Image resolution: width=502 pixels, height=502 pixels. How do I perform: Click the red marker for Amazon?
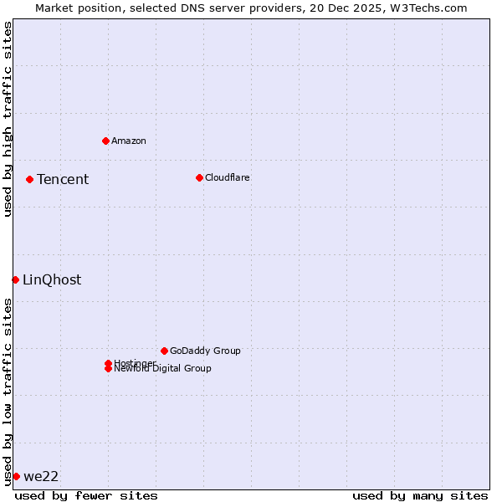pos(105,141)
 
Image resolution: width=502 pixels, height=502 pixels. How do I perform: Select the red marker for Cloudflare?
pos(199,177)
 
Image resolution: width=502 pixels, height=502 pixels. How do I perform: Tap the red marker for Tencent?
pos(29,179)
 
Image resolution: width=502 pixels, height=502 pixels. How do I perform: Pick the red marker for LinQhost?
pos(15,279)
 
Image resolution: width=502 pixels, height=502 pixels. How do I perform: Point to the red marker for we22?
pos(16,476)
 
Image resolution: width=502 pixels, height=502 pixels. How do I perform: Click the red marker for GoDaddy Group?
pos(164,351)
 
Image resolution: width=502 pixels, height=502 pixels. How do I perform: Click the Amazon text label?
pos(129,141)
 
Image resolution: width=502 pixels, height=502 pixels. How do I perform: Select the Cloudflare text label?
pos(228,177)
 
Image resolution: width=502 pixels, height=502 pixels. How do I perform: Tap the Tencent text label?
pos(63,179)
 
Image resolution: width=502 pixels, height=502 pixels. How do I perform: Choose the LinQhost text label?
pos(52,279)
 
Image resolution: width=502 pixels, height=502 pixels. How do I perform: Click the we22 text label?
pos(41,476)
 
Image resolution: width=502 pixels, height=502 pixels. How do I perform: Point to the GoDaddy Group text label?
pos(205,351)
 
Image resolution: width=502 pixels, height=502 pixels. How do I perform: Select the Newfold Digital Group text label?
pos(163,369)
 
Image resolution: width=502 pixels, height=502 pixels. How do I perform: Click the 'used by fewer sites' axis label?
pos(86,495)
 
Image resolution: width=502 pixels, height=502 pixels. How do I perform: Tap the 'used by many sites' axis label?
pos(420,495)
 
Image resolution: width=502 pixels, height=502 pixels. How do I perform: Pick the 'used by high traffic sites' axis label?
pos(8,119)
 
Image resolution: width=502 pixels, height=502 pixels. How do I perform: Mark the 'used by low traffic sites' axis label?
pos(8,392)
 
